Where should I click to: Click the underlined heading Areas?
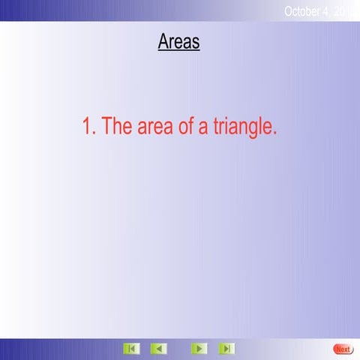[178, 41]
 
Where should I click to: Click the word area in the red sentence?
[154, 127]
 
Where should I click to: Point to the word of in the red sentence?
[186, 127]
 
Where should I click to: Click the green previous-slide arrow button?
[158, 349]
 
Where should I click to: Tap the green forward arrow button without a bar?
[198, 349]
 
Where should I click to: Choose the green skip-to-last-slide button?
[226, 349]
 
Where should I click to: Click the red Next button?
[343, 349]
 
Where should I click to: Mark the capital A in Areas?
[163, 41]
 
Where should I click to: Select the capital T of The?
[106, 127]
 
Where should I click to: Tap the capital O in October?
[289, 10]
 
